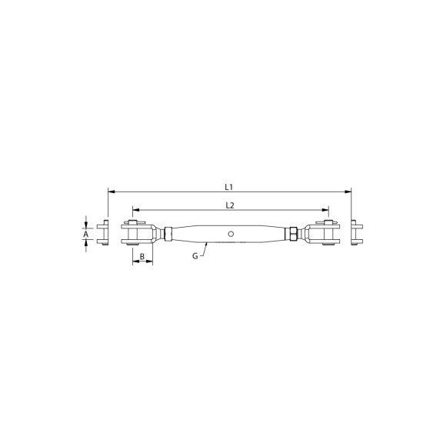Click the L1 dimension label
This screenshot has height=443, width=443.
(228, 187)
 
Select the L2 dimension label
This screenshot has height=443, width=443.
(230, 205)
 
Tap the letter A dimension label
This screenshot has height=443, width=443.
(86, 234)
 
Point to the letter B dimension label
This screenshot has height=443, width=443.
(142, 257)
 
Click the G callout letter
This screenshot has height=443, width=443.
(195, 256)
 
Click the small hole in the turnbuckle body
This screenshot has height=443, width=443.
(231, 234)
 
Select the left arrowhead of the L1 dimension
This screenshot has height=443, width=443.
(112, 192)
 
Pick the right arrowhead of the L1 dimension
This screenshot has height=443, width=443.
(348, 192)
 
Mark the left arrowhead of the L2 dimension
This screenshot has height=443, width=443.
(136, 210)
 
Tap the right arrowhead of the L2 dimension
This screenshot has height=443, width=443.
(325, 210)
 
